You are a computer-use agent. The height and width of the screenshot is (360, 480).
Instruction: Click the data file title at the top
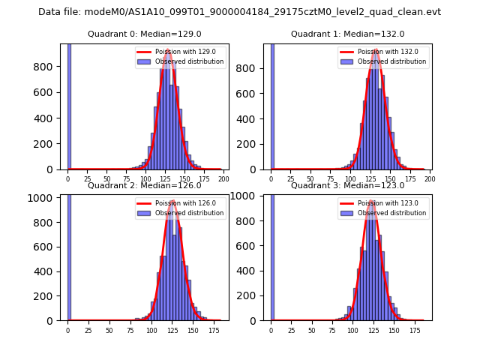239,12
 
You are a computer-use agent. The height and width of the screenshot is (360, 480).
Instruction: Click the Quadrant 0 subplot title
145,34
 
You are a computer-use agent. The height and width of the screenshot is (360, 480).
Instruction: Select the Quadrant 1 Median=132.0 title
347,34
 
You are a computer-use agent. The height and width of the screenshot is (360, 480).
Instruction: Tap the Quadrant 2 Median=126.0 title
145,185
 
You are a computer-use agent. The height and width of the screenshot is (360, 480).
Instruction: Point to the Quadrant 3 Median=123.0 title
347,185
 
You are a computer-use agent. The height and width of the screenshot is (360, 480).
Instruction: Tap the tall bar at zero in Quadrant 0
69,105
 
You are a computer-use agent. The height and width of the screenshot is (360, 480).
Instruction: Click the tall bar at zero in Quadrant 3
272,255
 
